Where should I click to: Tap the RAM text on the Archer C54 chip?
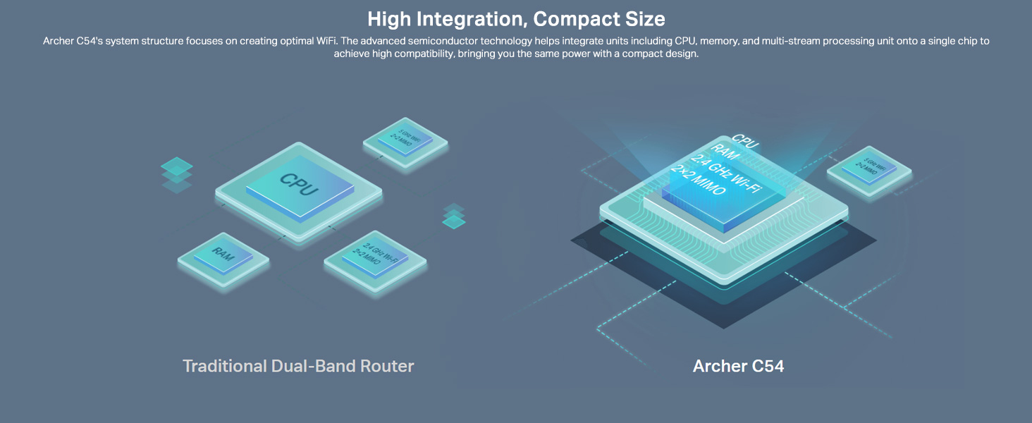pos(724,149)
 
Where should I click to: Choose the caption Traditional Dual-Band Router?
pos(298,366)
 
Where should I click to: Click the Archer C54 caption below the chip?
pos(738,366)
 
